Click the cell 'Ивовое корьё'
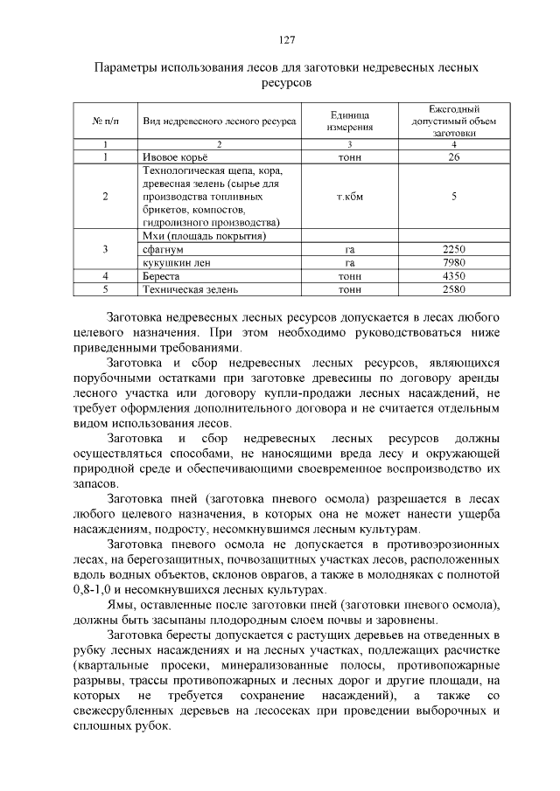(172, 157)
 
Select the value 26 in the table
(453, 157)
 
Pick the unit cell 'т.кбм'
(349, 197)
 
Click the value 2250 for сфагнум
(453, 249)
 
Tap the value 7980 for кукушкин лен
(453, 262)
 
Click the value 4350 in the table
(453, 275)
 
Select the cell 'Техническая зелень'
(190, 288)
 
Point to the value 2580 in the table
(453, 288)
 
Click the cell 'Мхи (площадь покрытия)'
(203, 236)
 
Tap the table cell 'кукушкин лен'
(176, 262)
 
